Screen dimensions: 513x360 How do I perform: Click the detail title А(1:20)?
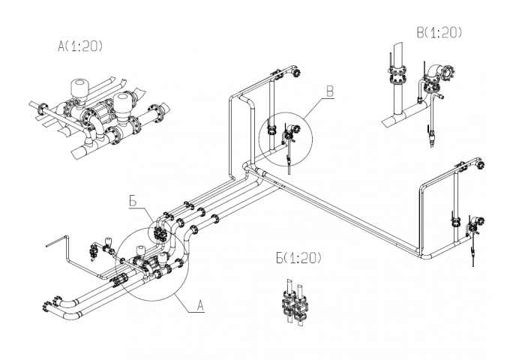point(80,46)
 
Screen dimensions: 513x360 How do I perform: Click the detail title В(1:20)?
point(439,32)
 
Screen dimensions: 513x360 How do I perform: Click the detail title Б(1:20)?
point(298,258)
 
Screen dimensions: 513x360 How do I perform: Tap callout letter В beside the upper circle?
point(330,91)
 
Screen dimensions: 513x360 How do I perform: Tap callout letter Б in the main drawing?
point(133,202)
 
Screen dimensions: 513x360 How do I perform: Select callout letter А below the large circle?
point(200,306)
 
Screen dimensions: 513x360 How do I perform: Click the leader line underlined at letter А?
point(189,304)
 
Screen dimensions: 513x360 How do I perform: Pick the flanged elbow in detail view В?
point(437,73)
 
